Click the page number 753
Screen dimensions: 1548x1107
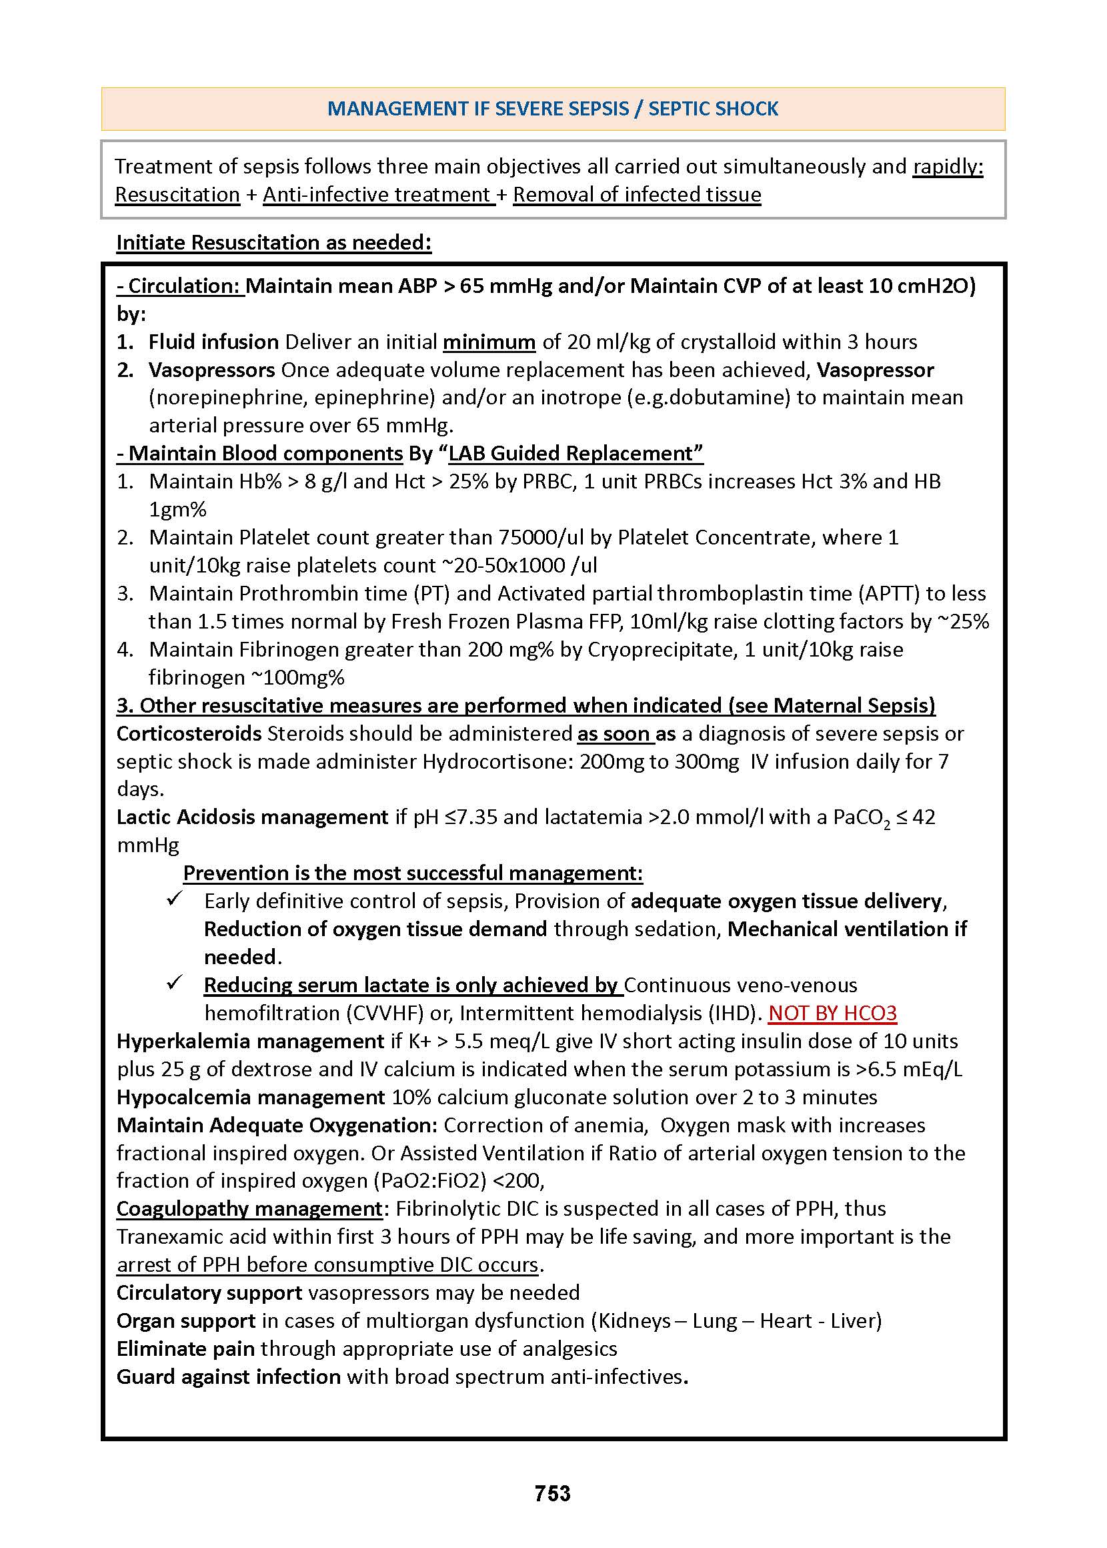pyautogui.click(x=552, y=1493)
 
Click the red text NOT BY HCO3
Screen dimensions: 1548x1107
pyautogui.click(x=832, y=1013)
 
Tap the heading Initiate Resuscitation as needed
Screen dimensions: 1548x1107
pyautogui.click(x=273, y=242)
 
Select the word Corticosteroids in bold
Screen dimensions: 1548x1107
pyautogui.click(x=189, y=733)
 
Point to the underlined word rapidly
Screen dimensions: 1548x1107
pyautogui.click(x=948, y=166)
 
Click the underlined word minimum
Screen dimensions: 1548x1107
pyautogui.click(x=489, y=342)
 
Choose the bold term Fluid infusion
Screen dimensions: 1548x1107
pyautogui.click(x=213, y=342)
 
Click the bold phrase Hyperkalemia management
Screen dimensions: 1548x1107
pyautogui.click(x=250, y=1041)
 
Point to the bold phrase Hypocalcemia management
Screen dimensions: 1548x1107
pyautogui.click(x=250, y=1096)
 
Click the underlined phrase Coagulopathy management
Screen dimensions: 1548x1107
pyautogui.click(x=249, y=1208)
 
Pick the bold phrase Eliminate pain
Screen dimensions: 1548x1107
pyautogui.click(x=185, y=1348)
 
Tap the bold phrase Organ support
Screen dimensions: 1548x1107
pyautogui.click(x=185, y=1320)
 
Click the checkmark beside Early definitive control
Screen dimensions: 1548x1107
pyautogui.click(x=175, y=899)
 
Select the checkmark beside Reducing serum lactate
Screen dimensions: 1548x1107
pyautogui.click(x=175, y=984)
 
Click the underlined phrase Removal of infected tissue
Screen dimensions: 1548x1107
pyautogui.click(x=637, y=194)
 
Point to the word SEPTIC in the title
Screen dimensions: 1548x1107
pyautogui.click(x=682, y=109)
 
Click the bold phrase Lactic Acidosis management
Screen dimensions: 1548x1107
pyautogui.click(x=252, y=817)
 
